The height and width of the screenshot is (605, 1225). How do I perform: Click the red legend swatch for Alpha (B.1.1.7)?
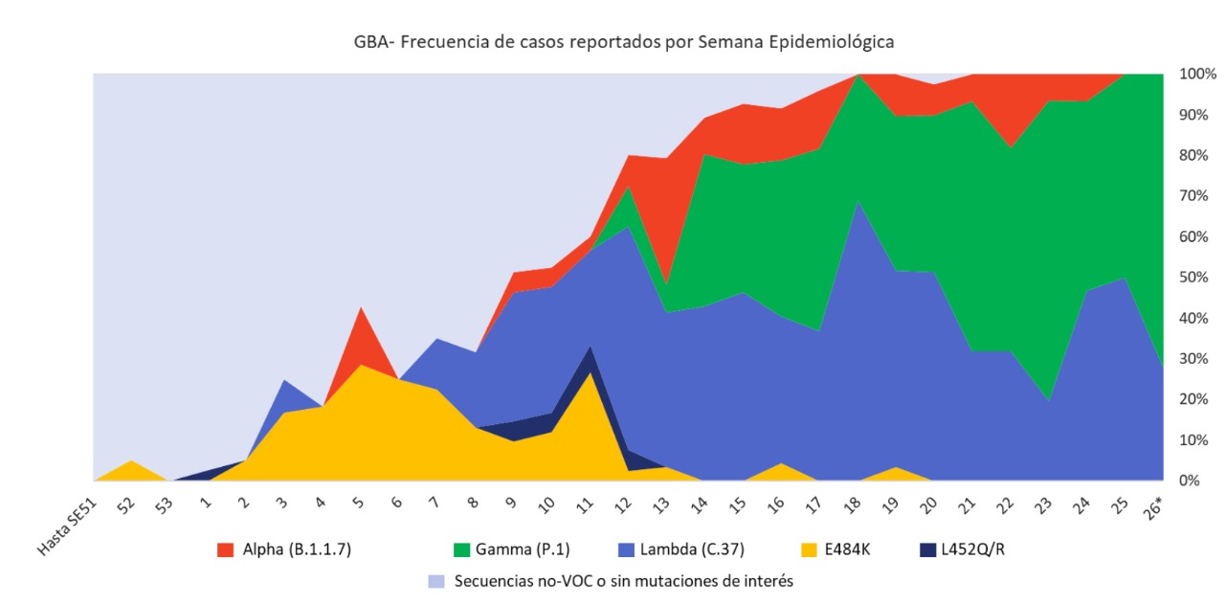click(x=226, y=549)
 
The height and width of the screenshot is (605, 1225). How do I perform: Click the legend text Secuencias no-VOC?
click(x=623, y=581)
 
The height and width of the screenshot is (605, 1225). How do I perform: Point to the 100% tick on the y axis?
click(x=1197, y=74)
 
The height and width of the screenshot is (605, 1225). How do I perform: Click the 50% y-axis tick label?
click(x=1196, y=278)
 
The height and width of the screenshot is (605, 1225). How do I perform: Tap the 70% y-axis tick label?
click(x=1196, y=196)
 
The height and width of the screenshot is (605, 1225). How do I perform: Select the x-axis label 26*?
click(x=1152, y=507)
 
